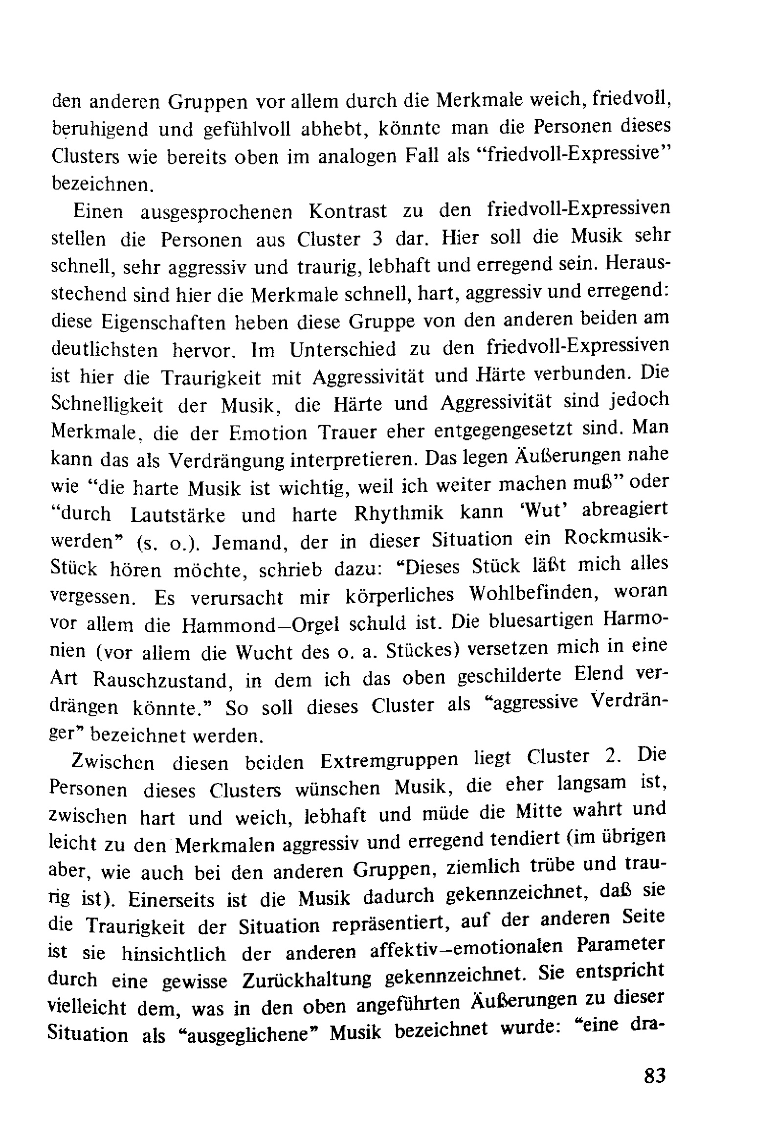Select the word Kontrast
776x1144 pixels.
[x=348, y=212]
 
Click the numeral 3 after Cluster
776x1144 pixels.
[x=377, y=239]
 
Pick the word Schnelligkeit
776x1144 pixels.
[x=107, y=405]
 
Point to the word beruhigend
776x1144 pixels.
[x=100, y=130]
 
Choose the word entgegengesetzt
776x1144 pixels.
[x=503, y=430]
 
